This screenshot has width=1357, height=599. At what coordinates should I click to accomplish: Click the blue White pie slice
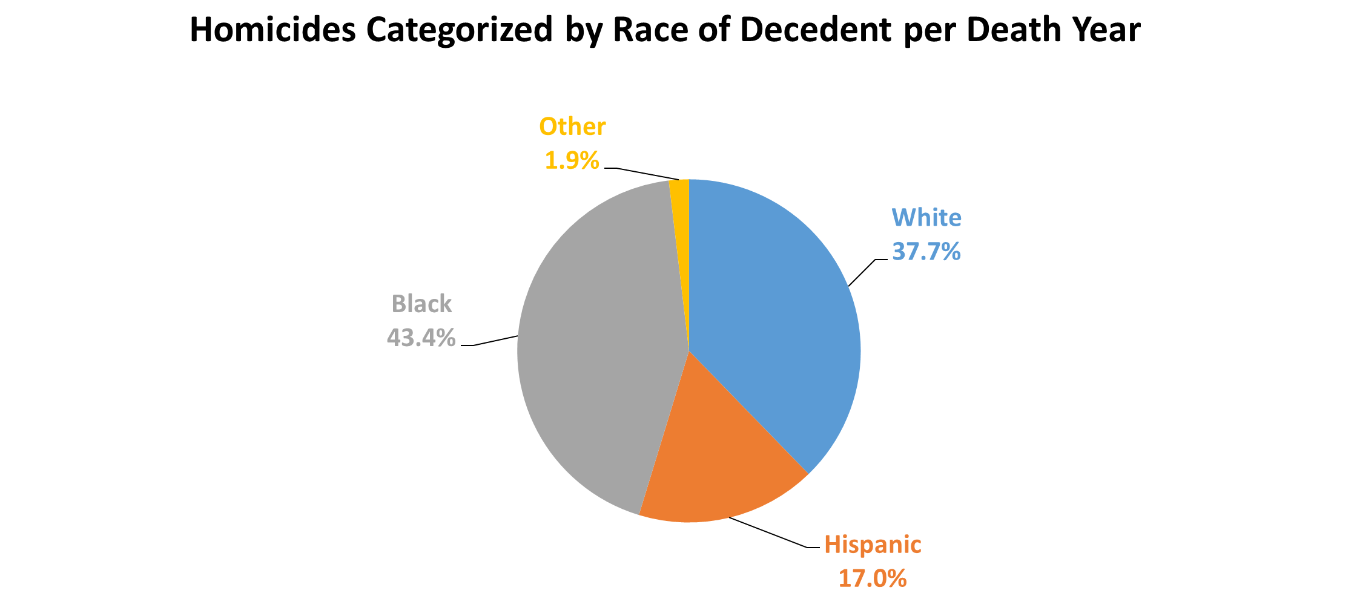click(781, 315)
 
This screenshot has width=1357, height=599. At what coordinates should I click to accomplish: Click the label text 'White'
click(926, 218)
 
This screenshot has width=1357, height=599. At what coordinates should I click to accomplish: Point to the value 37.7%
click(926, 252)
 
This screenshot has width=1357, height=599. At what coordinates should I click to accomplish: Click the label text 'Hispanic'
click(873, 545)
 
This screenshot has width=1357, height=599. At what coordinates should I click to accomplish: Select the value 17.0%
click(873, 578)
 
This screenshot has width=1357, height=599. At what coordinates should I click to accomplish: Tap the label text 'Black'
click(421, 304)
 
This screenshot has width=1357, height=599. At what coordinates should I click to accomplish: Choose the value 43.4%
click(421, 338)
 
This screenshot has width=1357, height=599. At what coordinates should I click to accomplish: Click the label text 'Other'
click(572, 126)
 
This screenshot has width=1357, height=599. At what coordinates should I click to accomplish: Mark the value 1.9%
click(572, 161)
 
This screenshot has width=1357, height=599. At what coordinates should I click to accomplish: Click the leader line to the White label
click(862, 272)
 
